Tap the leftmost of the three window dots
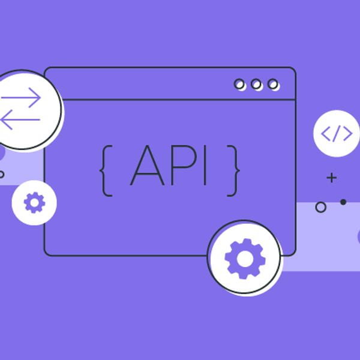[x=240, y=85]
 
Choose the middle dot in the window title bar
[x=257, y=85]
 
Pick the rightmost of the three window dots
[x=273, y=85]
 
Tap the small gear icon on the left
[x=34, y=203]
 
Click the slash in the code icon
[x=336, y=133]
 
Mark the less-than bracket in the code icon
[x=326, y=133]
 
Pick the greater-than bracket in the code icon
[x=347, y=133]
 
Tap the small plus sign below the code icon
[x=331, y=178]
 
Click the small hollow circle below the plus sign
[x=321, y=208]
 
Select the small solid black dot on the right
[x=343, y=202]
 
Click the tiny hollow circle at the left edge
[x=2, y=175]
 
